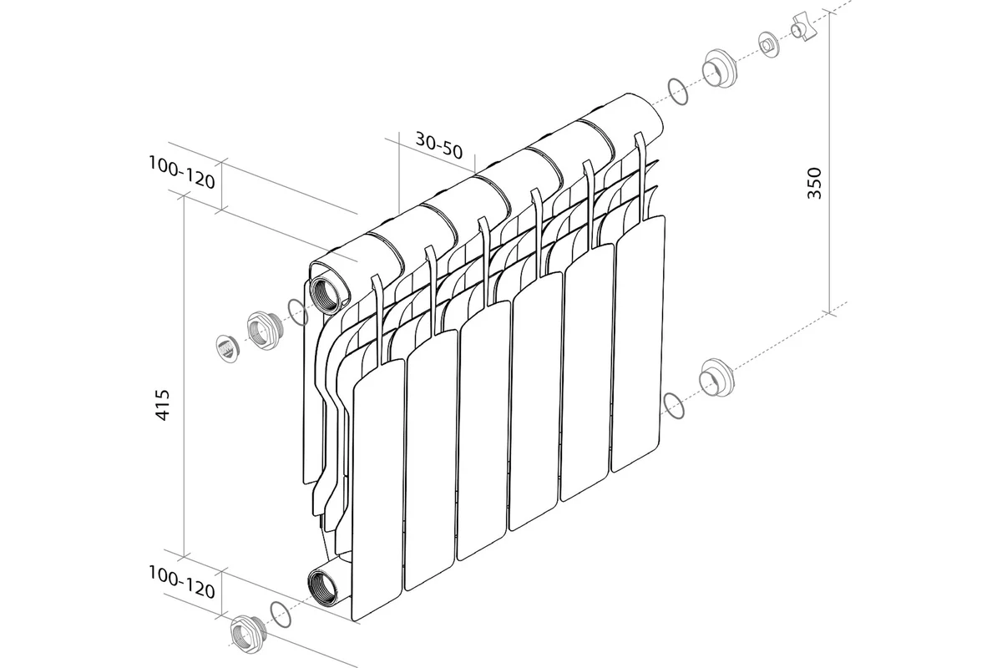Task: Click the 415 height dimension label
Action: coord(163,405)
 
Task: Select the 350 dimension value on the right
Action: coord(814,183)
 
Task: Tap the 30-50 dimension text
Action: coord(439,145)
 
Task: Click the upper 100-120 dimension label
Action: coord(182,172)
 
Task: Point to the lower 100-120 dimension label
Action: coord(182,583)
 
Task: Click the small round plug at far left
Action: coord(228,348)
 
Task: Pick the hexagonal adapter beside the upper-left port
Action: coord(265,331)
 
